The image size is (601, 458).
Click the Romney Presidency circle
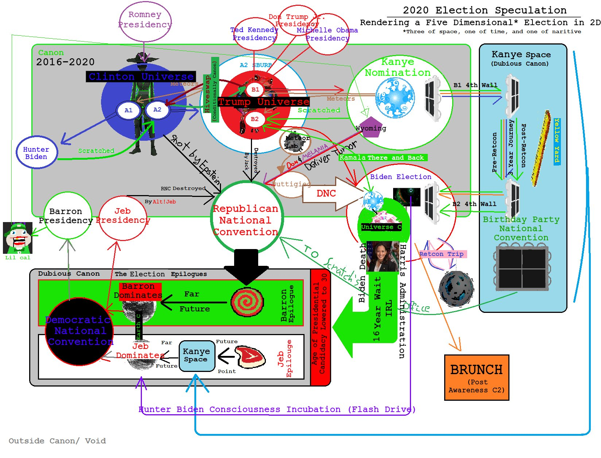click(x=145, y=21)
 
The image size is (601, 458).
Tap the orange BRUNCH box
click(x=476, y=377)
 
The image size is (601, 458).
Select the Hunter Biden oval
click(x=36, y=152)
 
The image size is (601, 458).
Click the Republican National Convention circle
click(x=246, y=218)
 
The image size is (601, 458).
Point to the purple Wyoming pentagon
click(x=370, y=127)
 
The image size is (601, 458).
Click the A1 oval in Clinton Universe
click(x=128, y=110)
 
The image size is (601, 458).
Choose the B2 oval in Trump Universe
click(x=255, y=119)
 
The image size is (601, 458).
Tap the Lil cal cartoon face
click(x=18, y=238)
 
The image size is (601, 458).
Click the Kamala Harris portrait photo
click(x=382, y=256)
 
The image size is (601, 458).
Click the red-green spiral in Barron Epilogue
click(x=247, y=302)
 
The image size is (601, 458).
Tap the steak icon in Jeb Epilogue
click(x=251, y=357)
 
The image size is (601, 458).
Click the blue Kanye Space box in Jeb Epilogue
click(x=197, y=356)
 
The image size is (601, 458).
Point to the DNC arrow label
click(x=326, y=194)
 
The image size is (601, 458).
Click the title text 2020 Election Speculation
click(x=484, y=10)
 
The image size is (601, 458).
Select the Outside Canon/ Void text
click(x=57, y=441)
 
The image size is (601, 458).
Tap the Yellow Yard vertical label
click(x=557, y=141)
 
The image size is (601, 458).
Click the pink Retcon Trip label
click(x=442, y=254)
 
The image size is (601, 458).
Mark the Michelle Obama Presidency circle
click(x=327, y=34)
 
